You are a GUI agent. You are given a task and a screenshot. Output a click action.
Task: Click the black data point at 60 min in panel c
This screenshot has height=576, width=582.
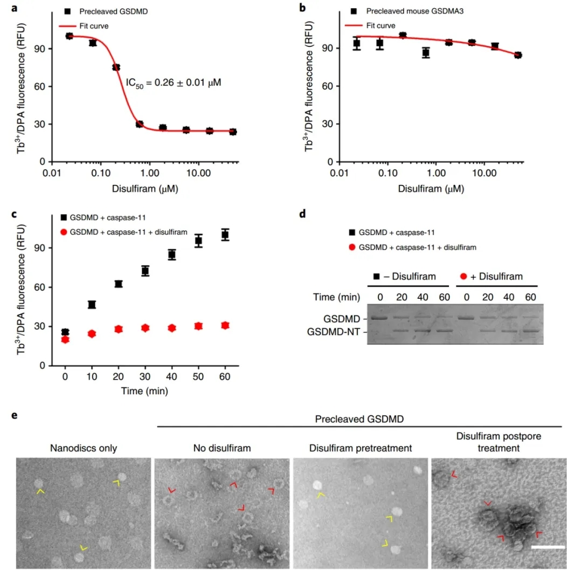click(x=225, y=235)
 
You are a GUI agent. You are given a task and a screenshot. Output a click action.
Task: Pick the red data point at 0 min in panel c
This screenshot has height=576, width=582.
click(x=65, y=339)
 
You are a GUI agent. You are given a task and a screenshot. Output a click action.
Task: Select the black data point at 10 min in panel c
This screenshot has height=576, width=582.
click(x=92, y=305)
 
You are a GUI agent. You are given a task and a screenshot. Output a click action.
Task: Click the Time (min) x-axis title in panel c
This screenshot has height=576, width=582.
click(x=145, y=392)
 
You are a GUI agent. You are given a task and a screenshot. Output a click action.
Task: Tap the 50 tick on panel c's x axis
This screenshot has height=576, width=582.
click(x=198, y=376)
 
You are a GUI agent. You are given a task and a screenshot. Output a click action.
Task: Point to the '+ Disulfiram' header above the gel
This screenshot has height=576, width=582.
click(x=494, y=277)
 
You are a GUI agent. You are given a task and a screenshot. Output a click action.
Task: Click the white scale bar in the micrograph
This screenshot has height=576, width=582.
click(x=548, y=547)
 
